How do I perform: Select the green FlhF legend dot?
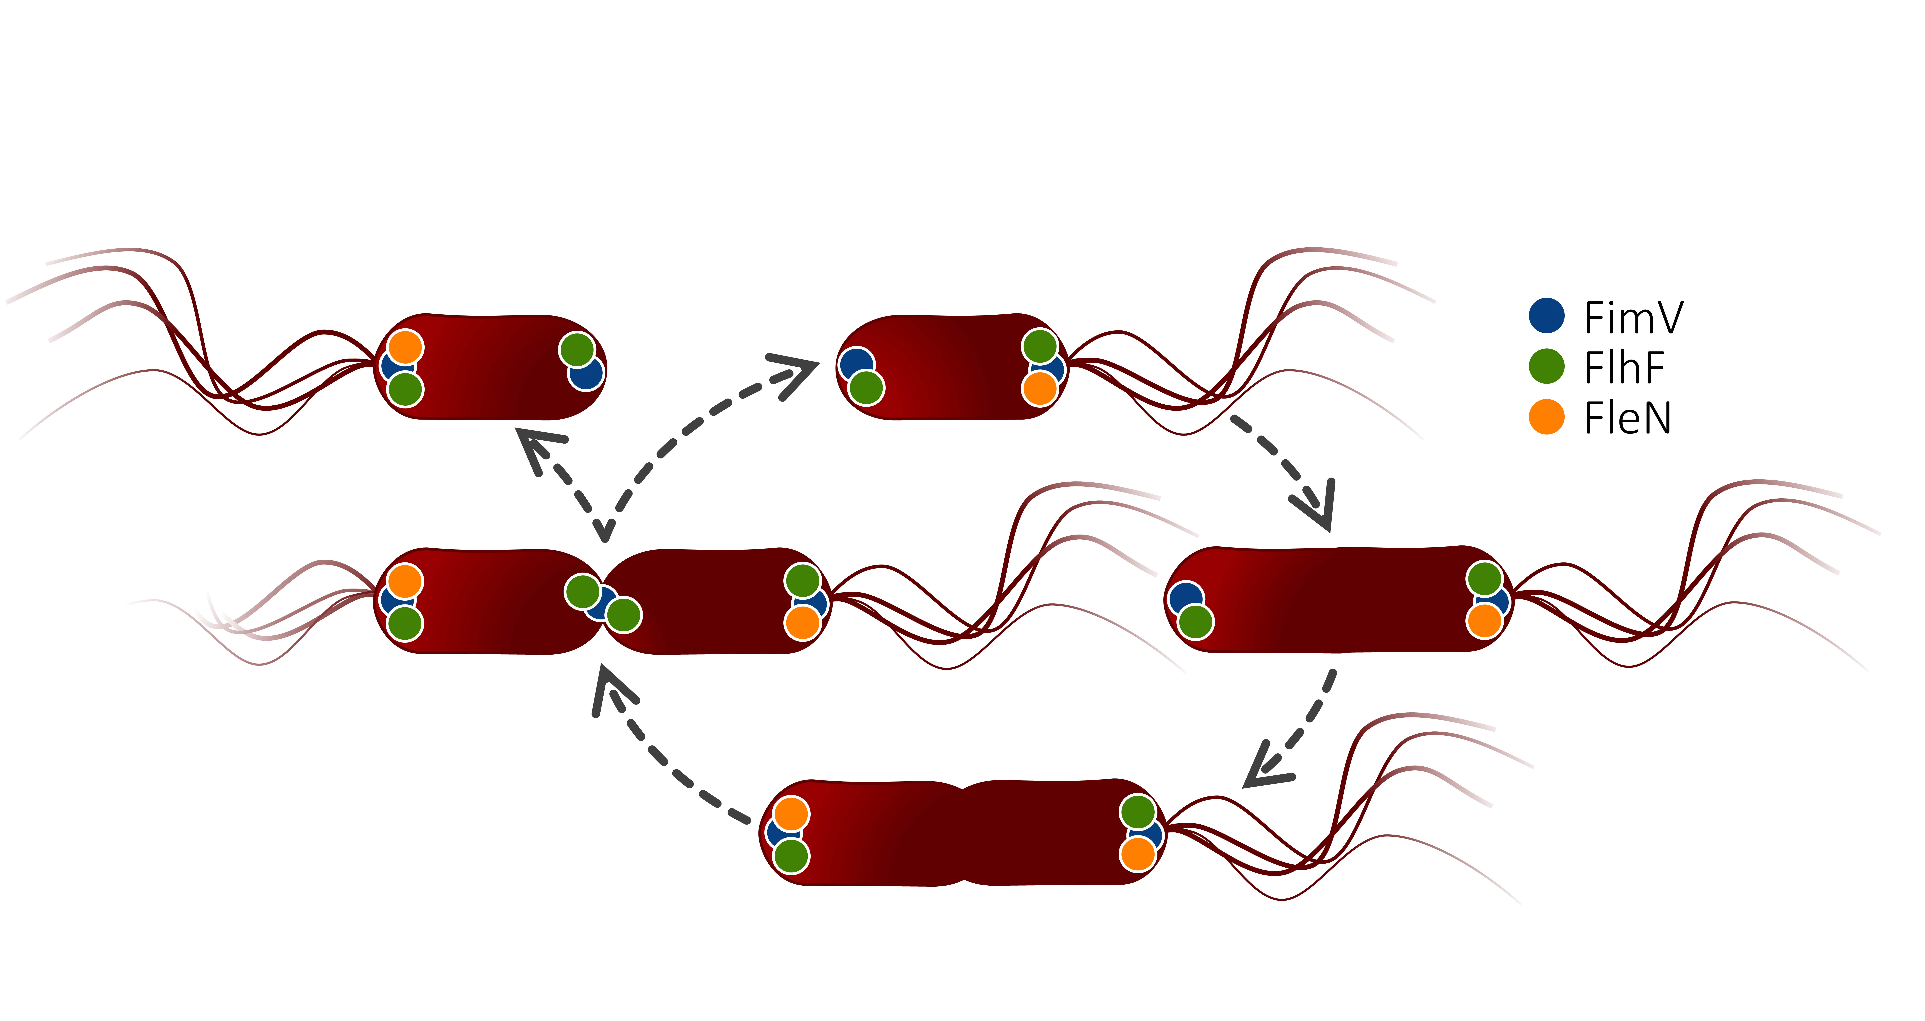point(1546,366)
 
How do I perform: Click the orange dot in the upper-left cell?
point(405,347)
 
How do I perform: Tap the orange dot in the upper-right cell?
point(1040,388)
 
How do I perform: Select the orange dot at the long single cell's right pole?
point(1484,621)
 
